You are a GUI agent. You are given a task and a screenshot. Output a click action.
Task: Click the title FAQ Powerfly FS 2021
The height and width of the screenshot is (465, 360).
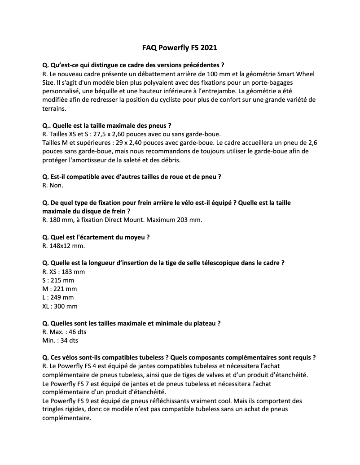180,47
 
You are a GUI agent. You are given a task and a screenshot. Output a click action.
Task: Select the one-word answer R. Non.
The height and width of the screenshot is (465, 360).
53,185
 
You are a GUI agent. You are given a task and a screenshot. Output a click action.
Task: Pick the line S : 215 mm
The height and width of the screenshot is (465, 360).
58,280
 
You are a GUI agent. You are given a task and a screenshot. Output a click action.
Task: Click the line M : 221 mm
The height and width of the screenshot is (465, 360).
59,289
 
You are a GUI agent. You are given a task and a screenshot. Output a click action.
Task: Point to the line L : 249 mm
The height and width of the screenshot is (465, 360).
58,297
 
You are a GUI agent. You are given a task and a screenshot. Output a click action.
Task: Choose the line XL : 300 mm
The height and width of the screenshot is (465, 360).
60,306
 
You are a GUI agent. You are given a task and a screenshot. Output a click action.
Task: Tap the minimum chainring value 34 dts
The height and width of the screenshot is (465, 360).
70,340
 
